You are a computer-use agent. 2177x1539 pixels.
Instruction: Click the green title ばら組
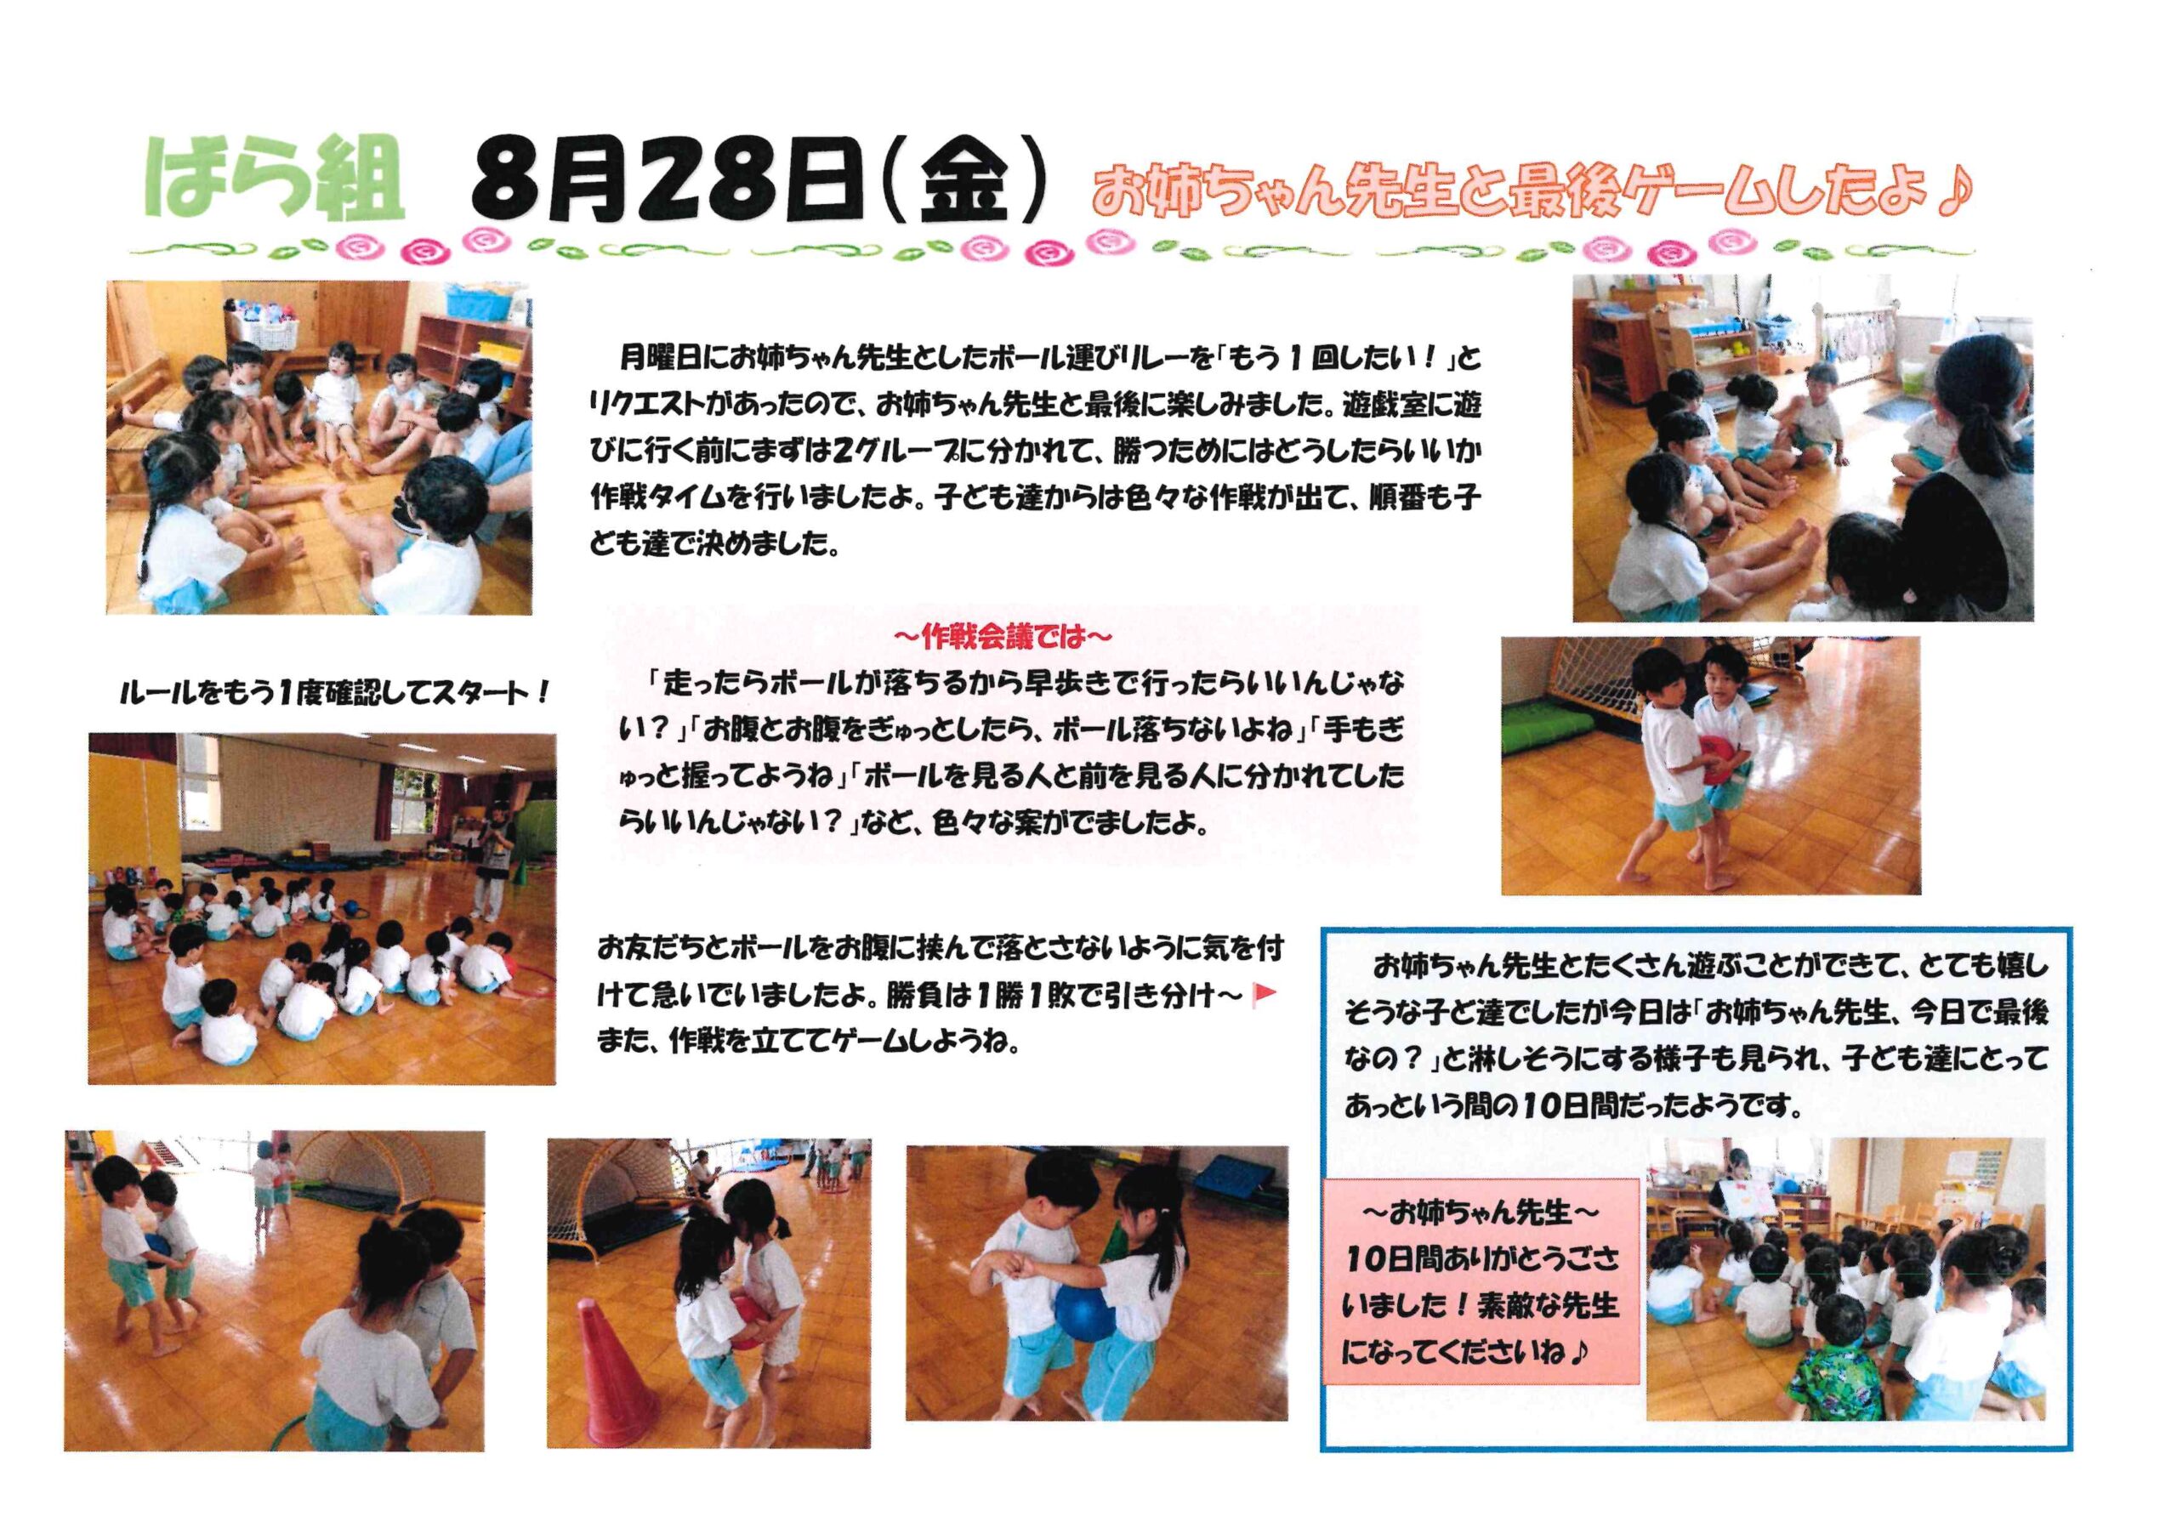[274, 181]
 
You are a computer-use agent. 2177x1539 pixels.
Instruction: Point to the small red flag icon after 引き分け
[1265, 994]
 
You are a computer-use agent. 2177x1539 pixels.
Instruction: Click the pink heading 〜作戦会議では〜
[1003, 636]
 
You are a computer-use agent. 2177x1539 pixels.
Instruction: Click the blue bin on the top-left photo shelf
[474, 303]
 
